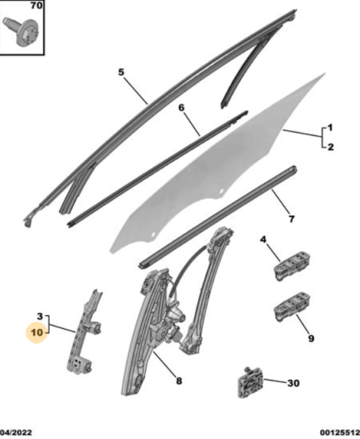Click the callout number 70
coord(36,6)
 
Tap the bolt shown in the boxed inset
coord(21,30)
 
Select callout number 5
coord(121,72)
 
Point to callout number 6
coord(181,108)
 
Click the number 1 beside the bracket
coord(330,128)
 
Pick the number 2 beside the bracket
coord(330,147)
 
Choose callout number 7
coord(291,219)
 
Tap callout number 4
coord(263,239)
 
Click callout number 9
coord(311,338)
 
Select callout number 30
coord(294,382)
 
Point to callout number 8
coord(179,381)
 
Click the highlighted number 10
coord(37,333)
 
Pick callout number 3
coord(40,317)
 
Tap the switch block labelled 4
coord(291,266)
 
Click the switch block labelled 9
coord(292,307)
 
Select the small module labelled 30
coord(251,383)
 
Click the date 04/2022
coord(16,433)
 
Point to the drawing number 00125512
coord(340,433)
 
